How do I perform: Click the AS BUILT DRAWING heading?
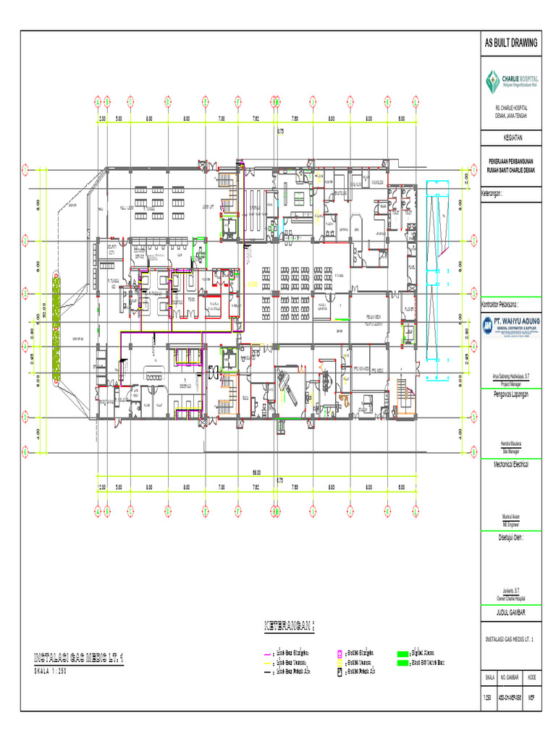point(511,43)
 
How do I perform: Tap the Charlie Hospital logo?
point(511,80)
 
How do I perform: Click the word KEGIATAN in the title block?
point(511,137)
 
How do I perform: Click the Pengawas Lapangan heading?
point(507,394)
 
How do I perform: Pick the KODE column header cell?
point(532,677)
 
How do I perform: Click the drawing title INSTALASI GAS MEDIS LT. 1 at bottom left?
point(80,658)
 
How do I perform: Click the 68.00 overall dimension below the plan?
point(256,472)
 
